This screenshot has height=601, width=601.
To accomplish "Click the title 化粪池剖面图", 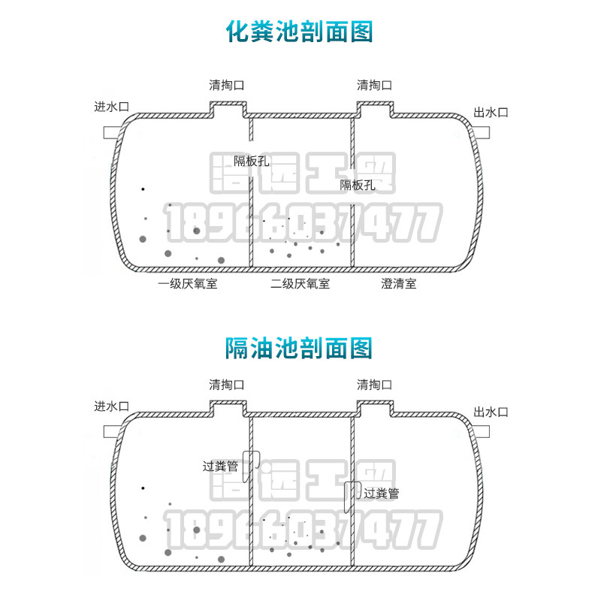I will (300, 32).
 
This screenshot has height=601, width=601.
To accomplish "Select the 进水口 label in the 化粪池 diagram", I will (111, 107).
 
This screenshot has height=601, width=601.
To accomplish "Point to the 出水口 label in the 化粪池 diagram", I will (491, 113).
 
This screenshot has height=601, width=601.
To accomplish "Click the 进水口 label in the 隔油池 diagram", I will (111, 406).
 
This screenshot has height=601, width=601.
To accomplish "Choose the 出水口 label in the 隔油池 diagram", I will (491, 412).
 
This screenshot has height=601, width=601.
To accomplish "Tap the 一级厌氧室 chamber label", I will (188, 284).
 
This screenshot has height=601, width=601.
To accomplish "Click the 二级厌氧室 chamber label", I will (300, 284).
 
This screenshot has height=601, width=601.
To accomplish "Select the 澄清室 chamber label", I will (399, 284).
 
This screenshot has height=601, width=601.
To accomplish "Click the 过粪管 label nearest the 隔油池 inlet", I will (220, 466).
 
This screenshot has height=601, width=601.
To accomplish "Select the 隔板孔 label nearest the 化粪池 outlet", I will (358, 185).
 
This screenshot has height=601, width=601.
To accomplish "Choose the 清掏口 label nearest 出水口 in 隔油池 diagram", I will (375, 385).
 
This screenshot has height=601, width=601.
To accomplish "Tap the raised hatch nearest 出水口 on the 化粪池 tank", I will (375, 110).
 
